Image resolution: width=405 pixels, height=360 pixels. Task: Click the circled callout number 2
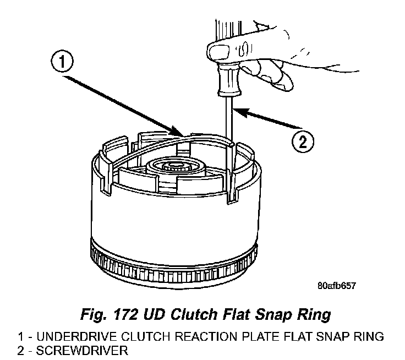[302, 143]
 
